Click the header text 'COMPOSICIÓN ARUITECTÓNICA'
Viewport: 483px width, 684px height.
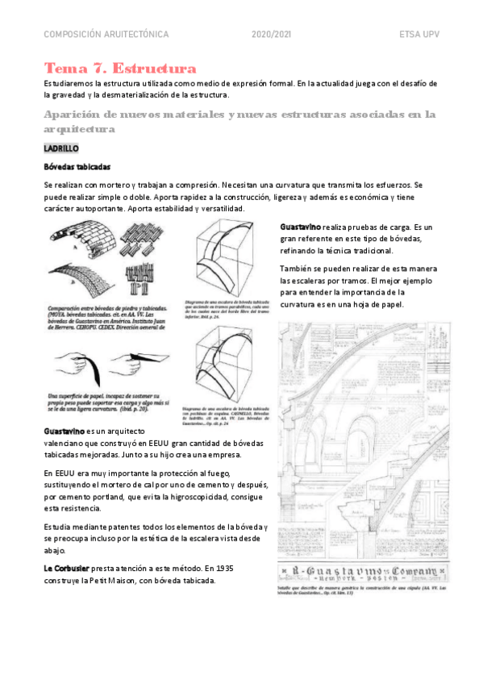click(x=106, y=35)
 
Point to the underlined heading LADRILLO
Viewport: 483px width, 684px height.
click(x=61, y=148)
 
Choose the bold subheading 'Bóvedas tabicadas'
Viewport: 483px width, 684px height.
click(x=77, y=167)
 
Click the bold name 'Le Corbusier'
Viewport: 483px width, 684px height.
click(x=67, y=568)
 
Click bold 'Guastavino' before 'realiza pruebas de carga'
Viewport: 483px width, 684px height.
click(x=302, y=227)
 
